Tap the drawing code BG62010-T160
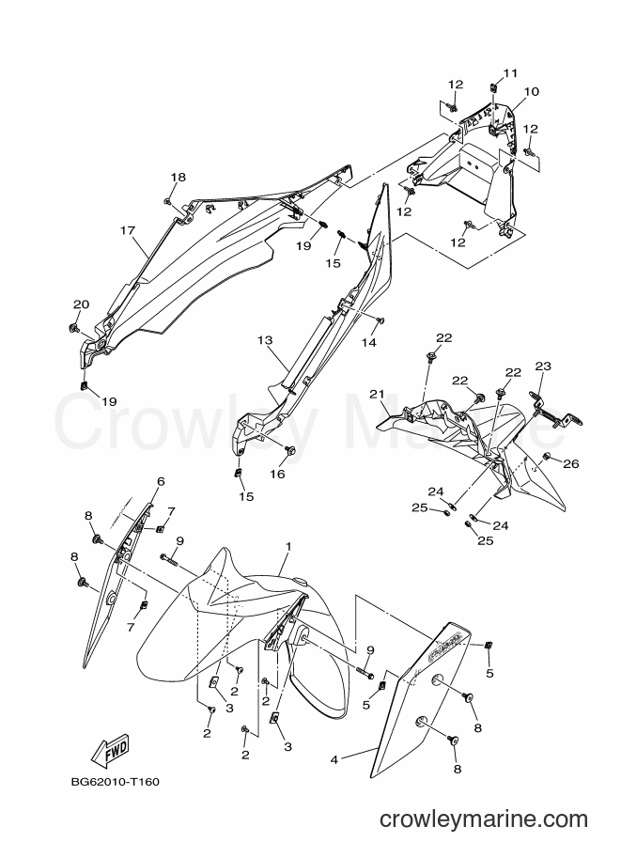pyautogui.click(x=116, y=781)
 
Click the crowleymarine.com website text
pyautogui.click(x=484, y=819)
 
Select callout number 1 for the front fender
pyautogui.click(x=288, y=547)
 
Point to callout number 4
pyautogui.click(x=334, y=760)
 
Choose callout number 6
pyautogui.click(x=161, y=481)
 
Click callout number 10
pyautogui.click(x=532, y=91)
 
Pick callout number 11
pyautogui.click(x=510, y=72)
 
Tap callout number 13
pyautogui.click(x=265, y=340)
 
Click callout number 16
pyautogui.click(x=278, y=474)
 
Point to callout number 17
pyautogui.click(x=128, y=231)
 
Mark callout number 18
pyautogui.click(x=178, y=178)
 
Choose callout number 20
pyautogui.click(x=81, y=304)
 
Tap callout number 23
pyautogui.click(x=543, y=367)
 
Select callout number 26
pyautogui.click(x=571, y=464)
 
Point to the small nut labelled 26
pyautogui.click(x=546, y=457)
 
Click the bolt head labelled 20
pyautogui.click(x=72, y=328)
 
